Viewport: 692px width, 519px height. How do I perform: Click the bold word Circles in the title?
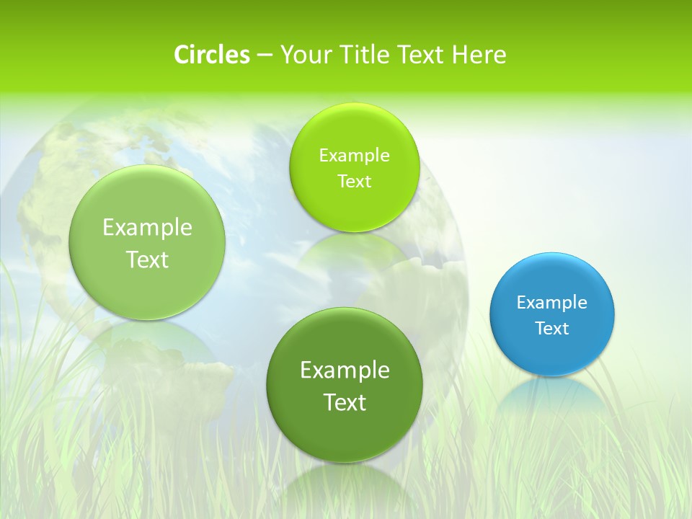pos(212,55)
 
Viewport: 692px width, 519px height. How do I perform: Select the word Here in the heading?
pos(479,55)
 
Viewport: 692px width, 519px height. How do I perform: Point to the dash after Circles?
pos(265,56)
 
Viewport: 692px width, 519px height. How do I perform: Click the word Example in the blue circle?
pos(552,303)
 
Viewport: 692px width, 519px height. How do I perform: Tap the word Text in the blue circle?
pos(552,329)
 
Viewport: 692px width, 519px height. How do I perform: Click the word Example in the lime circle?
pos(354,156)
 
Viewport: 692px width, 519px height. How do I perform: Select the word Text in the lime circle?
pos(354,182)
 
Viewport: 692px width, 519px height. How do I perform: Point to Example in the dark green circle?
pos(345,371)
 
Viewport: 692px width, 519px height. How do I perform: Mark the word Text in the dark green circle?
pos(345,402)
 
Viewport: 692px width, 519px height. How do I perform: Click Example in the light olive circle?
pos(147,228)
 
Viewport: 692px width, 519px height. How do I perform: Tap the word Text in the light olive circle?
pos(147,259)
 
